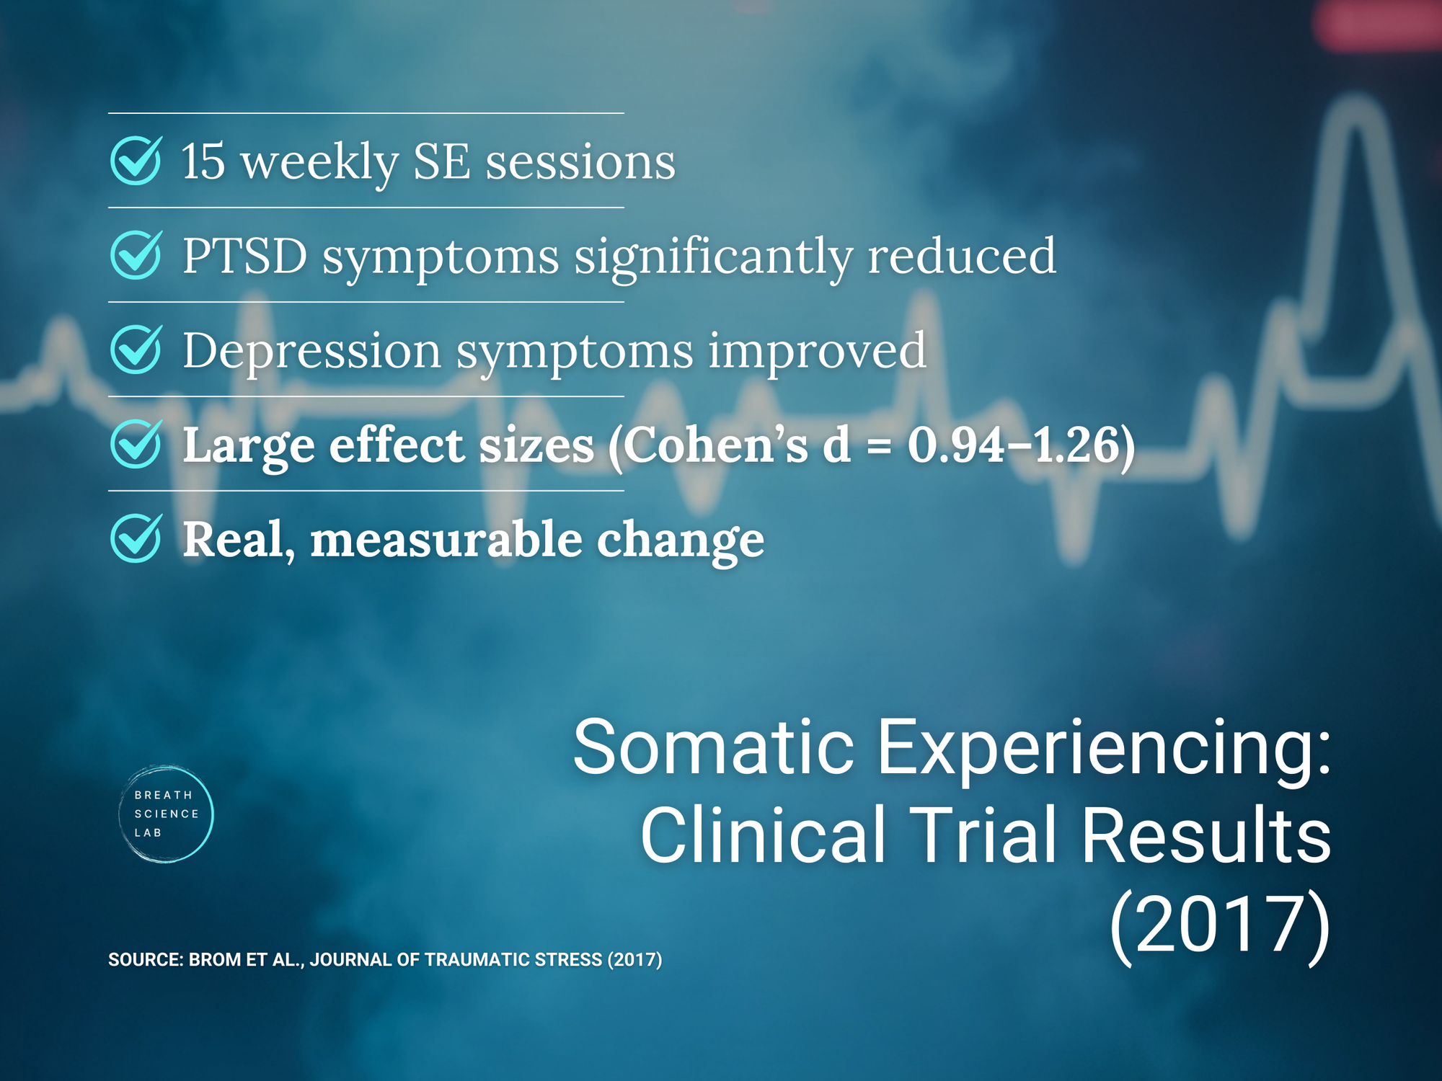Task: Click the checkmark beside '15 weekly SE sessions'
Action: [x=136, y=161]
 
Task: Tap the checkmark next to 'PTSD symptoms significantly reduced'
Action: [x=136, y=255]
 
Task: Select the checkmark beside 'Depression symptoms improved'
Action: [x=136, y=350]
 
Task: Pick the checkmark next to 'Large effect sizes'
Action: [x=136, y=444]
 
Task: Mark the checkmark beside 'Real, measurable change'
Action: [x=136, y=538]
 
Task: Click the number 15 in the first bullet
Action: [x=203, y=161]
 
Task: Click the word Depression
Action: [x=311, y=351]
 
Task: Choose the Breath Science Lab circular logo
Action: [x=166, y=814]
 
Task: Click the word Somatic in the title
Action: [x=713, y=747]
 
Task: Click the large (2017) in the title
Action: [x=1219, y=924]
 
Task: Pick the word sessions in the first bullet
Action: [x=580, y=161]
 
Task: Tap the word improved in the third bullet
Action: [x=817, y=351]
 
